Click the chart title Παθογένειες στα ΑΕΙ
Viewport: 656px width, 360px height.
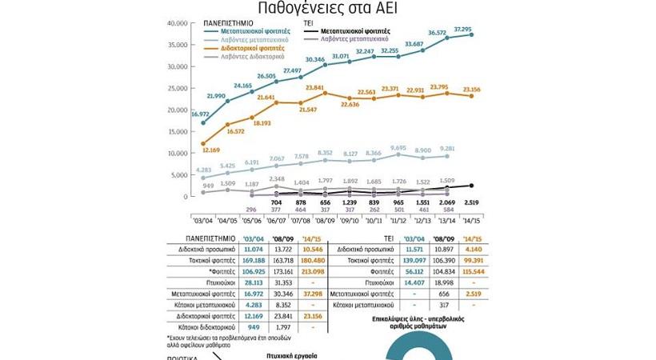[x=327, y=9]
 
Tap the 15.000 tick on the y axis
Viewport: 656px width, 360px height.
[x=175, y=131]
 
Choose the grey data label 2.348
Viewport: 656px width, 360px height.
[x=278, y=179]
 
